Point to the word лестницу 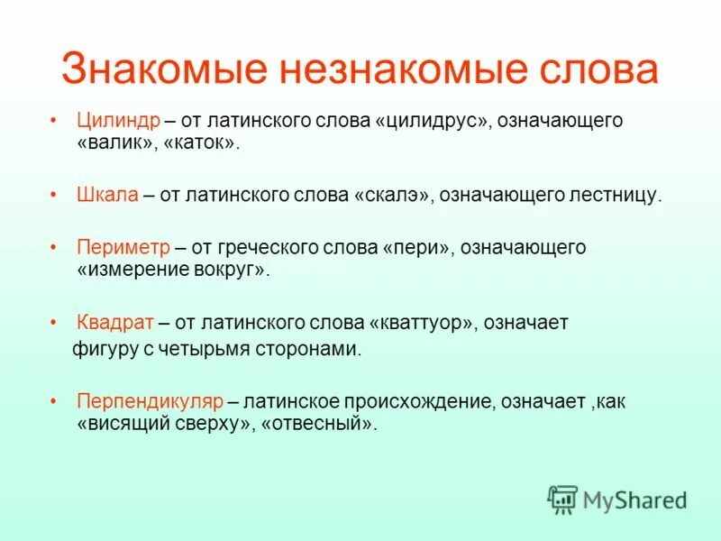click(x=615, y=195)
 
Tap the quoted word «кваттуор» click(x=422, y=323)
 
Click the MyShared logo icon click(x=562, y=499)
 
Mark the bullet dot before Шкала click(x=55, y=195)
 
